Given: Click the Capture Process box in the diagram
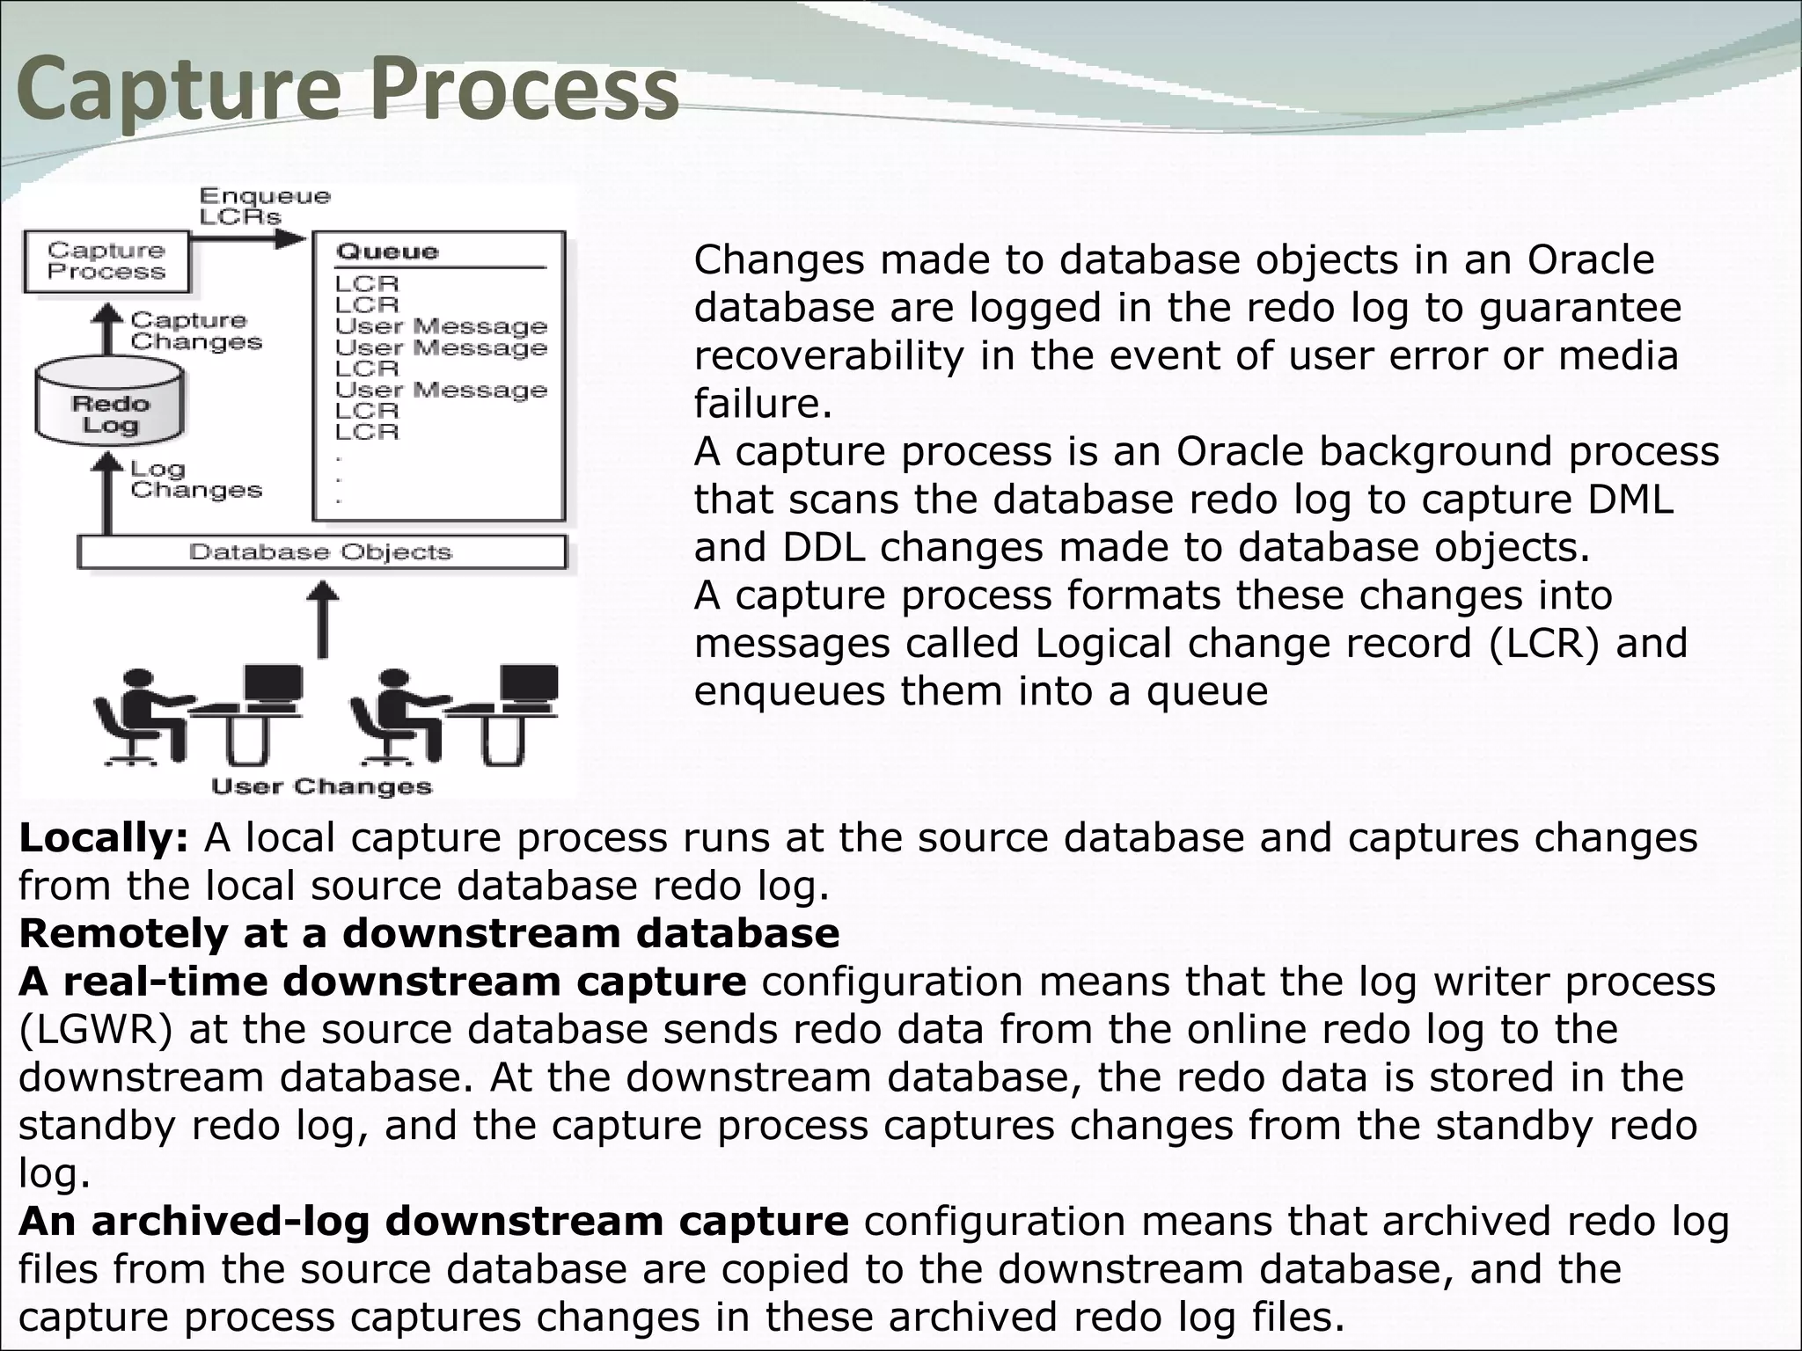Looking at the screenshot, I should point(106,261).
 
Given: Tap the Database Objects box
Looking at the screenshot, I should point(321,552).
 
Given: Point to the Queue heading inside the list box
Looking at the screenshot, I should point(387,252).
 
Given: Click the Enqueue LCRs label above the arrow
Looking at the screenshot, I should point(264,206).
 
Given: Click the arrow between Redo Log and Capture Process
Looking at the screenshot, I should point(108,330).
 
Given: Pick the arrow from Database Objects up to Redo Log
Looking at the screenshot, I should point(108,493).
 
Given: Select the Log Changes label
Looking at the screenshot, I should point(195,480).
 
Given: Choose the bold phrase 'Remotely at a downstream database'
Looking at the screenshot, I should point(429,934).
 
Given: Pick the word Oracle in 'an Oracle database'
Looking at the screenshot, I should point(1590,260).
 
